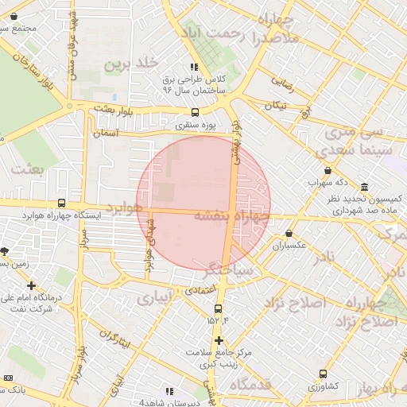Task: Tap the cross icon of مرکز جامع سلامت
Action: tap(219, 340)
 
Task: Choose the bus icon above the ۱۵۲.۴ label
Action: tap(219, 308)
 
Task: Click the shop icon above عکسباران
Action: tap(288, 234)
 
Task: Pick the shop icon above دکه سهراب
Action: tap(328, 171)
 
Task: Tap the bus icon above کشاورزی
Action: tap(323, 374)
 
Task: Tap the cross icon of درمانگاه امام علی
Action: tap(31, 285)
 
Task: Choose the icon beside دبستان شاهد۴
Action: tap(169, 391)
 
